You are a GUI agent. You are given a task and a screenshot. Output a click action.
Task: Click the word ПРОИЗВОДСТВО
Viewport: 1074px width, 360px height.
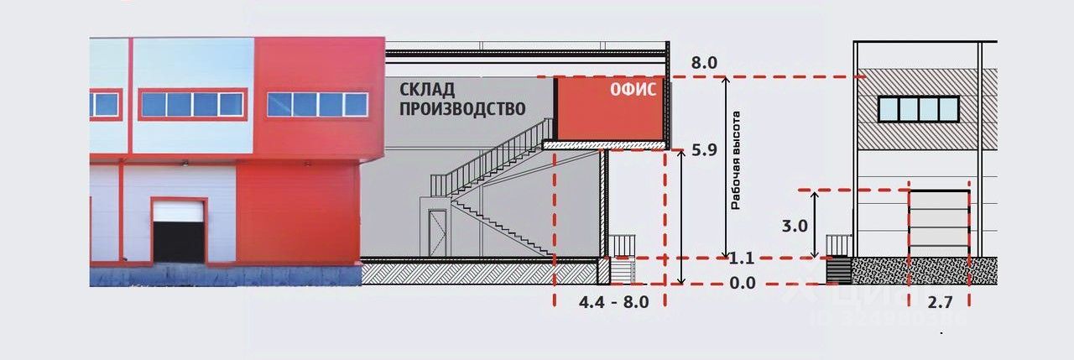click(461, 108)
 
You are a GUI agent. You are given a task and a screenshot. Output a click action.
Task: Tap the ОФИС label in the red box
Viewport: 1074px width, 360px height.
click(633, 91)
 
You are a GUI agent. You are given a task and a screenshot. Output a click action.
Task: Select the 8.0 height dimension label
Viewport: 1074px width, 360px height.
click(704, 63)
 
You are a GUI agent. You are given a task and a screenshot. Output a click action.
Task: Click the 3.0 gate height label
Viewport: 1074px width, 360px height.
click(794, 226)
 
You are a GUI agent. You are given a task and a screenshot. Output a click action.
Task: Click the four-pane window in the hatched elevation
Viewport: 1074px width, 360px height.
click(919, 108)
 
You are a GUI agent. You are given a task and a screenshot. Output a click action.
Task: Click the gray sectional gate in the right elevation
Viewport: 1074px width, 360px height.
click(939, 223)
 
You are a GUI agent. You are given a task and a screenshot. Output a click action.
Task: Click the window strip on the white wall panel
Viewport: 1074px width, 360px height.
click(192, 104)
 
